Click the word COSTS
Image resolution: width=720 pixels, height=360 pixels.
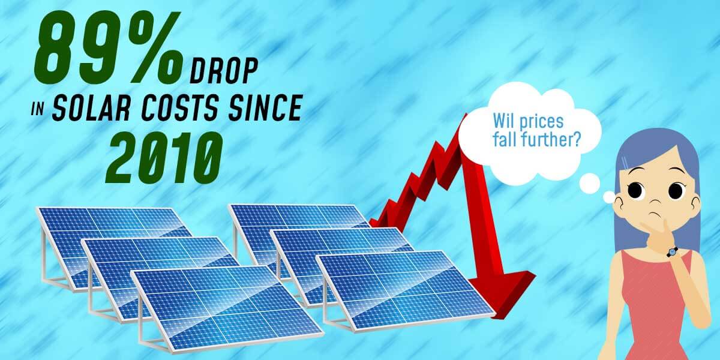tap(181, 107)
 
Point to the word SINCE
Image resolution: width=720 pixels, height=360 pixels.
tap(265, 107)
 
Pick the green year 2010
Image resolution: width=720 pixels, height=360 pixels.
tap(164, 157)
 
